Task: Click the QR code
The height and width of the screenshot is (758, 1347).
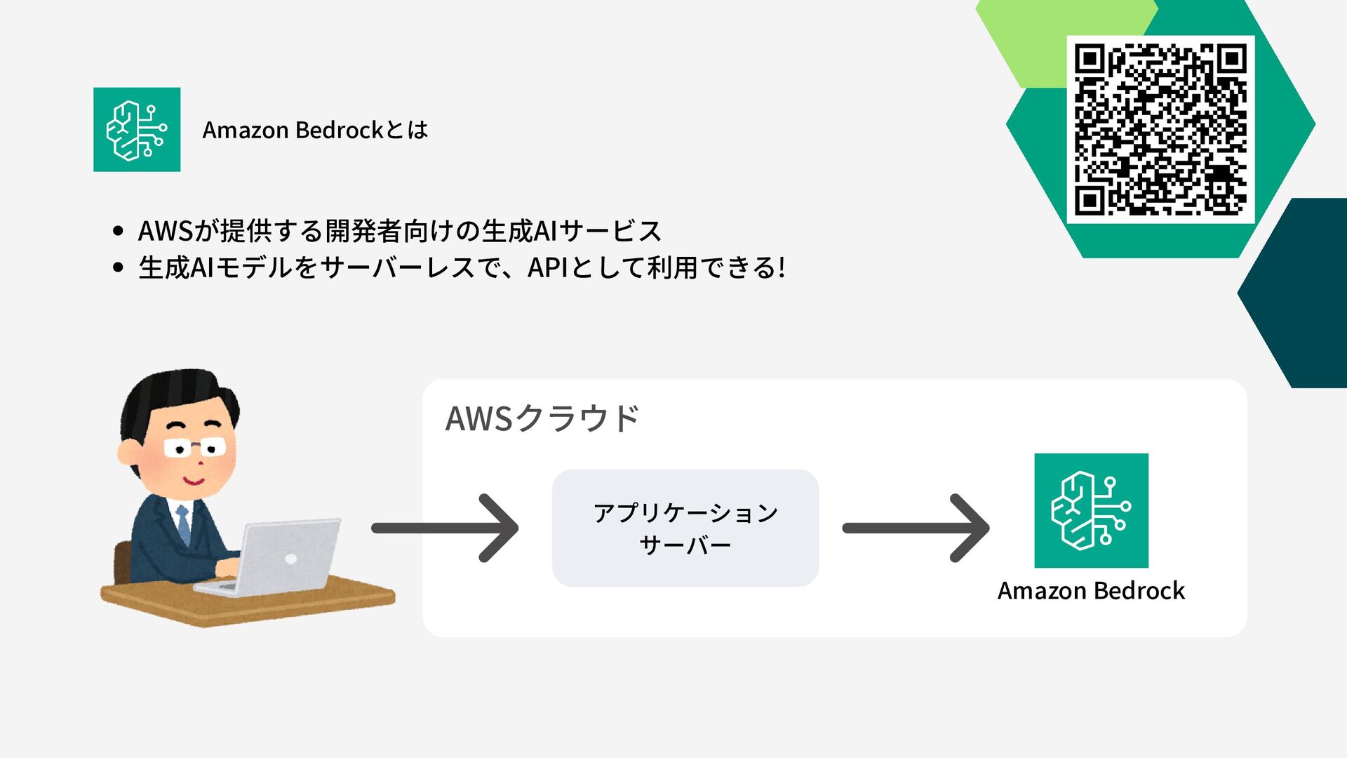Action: click(x=1160, y=129)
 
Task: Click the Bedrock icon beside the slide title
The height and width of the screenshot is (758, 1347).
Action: click(x=137, y=130)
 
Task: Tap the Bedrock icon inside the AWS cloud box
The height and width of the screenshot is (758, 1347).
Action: click(x=1091, y=510)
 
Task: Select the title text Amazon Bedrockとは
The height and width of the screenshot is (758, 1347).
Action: click(x=315, y=130)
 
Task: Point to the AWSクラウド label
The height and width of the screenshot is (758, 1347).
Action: click(x=542, y=418)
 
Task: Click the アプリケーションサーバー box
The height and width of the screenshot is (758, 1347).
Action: click(x=685, y=528)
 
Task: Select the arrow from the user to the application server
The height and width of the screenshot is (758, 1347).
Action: click(x=445, y=528)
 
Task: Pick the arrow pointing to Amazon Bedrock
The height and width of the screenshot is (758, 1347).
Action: click(x=916, y=528)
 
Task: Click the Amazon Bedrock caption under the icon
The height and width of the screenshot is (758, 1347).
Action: click(x=1091, y=591)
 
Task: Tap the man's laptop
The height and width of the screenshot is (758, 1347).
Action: click(x=281, y=558)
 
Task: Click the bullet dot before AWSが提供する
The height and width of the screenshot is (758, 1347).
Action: click(x=118, y=231)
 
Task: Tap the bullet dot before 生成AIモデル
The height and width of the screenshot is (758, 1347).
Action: click(x=118, y=267)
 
